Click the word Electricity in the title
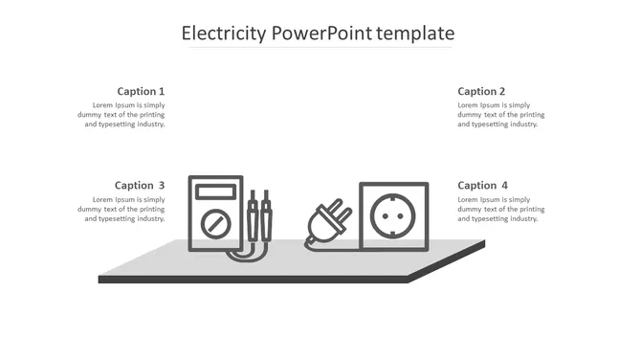(x=224, y=34)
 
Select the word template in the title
(x=415, y=34)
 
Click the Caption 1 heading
(x=141, y=91)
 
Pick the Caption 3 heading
(x=140, y=185)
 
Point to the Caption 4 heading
(x=482, y=185)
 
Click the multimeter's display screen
(x=215, y=191)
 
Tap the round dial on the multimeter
(x=215, y=225)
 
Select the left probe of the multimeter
(x=253, y=216)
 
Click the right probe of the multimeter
(x=266, y=216)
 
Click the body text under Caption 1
(x=122, y=114)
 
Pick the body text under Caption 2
(x=500, y=114)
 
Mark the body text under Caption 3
(x=122, y=209)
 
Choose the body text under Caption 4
(x=500, y=209)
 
